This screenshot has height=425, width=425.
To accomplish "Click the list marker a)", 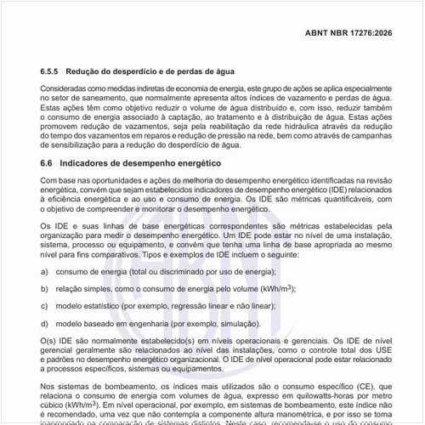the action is click(44, 270).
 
